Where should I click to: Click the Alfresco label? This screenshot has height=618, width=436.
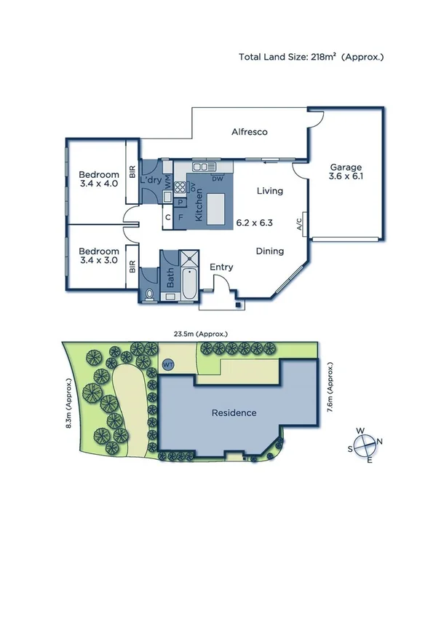pyautogui.click(x=250, y=132)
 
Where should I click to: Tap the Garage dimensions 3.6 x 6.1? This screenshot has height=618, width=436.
pyautogui.click(x=346, y=176)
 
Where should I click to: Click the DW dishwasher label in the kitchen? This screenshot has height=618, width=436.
pyautogui.click(x=217, y=179)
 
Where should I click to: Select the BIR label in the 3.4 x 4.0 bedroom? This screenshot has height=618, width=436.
pyautogui.click(x=132, y=173)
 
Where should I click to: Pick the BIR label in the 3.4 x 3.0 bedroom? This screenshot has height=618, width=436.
pyautogui.click(x=132, y=267)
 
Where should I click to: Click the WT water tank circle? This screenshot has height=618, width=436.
pyautogui.click(x=168, y=364)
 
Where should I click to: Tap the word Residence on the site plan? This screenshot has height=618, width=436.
pyautogui.click(x=234, y=412)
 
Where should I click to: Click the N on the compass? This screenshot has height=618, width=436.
pyautogui.click(x=380, y=442)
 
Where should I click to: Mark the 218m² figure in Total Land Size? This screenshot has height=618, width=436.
pyautogui.click(x=324, y=56)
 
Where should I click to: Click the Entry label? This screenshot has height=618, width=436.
pyautogui.click(x=221, y=267)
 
